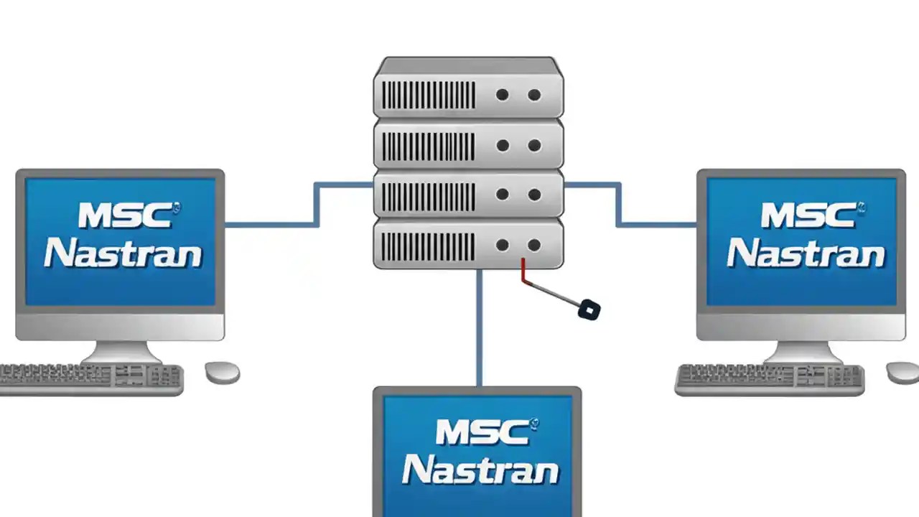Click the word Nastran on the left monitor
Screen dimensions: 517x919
click(x=123, y=254)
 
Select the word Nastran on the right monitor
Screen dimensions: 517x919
click(x=806, y=254)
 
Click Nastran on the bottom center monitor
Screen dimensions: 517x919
click(x=480, y=470)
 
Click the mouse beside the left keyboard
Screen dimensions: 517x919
click(x=222, y=372)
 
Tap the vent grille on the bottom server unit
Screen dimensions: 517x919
click(x=428, y=246)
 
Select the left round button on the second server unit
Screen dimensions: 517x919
click(x=503, y=146)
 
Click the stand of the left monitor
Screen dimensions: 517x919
click(x=120, y=352)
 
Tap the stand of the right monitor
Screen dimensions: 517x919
click(x=802, y=352)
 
